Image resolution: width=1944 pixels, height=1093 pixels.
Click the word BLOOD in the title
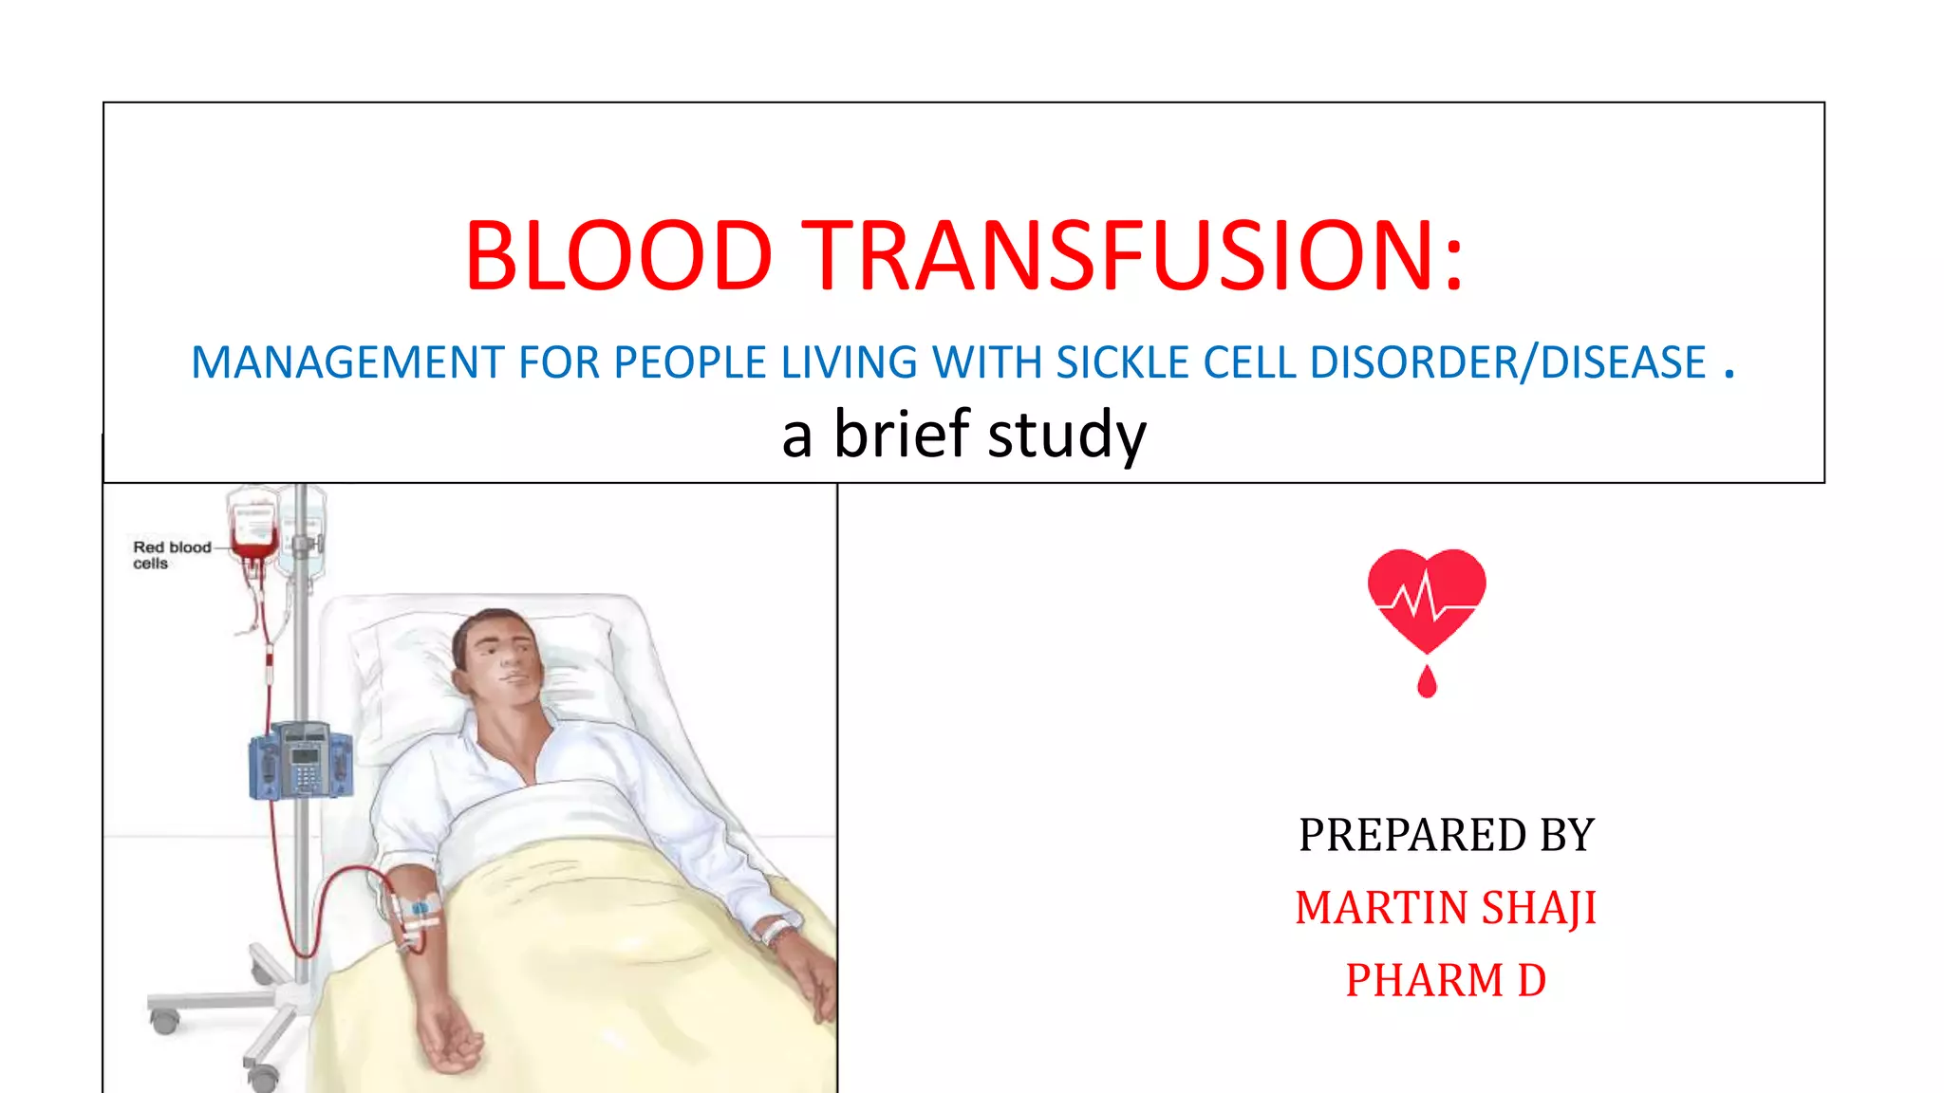pos(618,255)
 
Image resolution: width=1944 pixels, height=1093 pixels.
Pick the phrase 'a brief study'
pos(963,435)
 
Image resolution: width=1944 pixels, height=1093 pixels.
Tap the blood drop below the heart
pos(1427,681)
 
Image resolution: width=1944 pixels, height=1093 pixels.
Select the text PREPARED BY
pos(1446,835)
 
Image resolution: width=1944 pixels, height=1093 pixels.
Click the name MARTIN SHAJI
pos(1446,908)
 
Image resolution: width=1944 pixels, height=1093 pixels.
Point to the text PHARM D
pos(1446,980)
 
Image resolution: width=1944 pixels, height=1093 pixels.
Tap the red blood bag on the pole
pos(252,528)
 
